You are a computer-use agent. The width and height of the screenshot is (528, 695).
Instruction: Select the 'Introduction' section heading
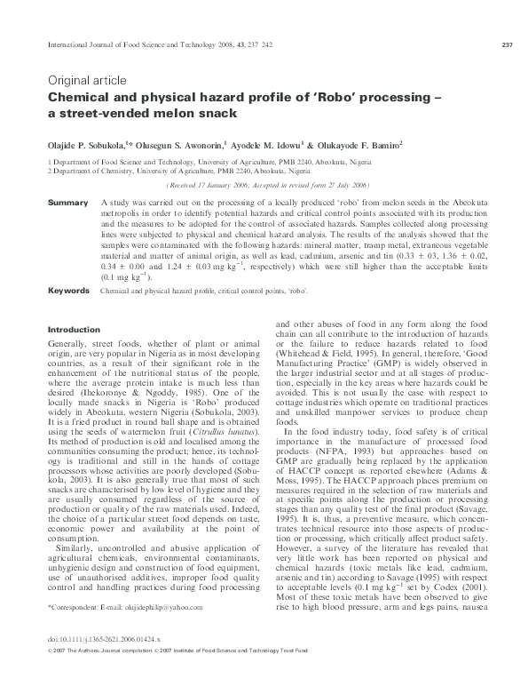(x=73, y=330)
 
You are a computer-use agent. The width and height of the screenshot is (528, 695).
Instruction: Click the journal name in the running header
(x=124, y=45)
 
